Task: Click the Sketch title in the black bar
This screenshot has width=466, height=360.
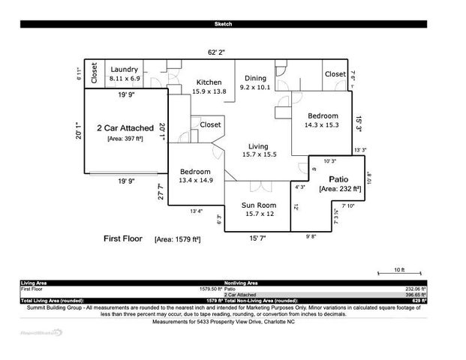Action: (x=223, y=24)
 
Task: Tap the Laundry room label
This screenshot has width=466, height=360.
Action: (x=124, y=70)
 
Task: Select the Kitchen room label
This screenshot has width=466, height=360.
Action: (x=209, y=82)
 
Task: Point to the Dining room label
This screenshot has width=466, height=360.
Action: (x=254, y=78)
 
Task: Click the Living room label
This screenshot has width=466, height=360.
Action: (x=259, y=146)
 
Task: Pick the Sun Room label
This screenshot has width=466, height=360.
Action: (x=258, y=205)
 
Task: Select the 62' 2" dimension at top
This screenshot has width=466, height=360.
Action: (x=217, y=52)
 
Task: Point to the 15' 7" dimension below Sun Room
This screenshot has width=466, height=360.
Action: (x=257, y=238)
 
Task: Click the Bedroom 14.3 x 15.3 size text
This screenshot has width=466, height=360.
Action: (x=321, y=125)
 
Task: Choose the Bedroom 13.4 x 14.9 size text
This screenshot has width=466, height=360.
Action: (x=196, y=180)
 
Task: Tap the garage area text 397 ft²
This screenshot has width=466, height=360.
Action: (x=125, y=139)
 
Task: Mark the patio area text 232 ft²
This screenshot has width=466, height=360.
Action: (x=340, y=189)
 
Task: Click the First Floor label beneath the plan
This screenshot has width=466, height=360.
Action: (x=123, y=238)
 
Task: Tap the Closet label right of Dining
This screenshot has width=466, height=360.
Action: (x=335, y=74)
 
